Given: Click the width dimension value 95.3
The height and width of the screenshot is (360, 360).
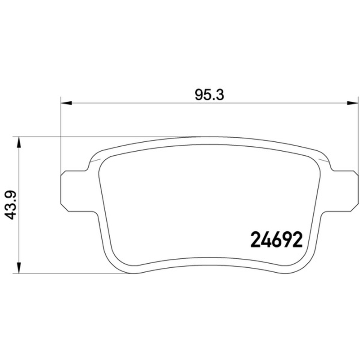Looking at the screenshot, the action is [x=209, y=95].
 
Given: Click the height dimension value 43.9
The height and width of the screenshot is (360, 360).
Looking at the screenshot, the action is [x=10, y=205].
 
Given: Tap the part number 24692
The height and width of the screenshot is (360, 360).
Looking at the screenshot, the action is [x=276, y=239].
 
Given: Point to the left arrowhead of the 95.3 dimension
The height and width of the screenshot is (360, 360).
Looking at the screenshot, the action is [x=66, y=103].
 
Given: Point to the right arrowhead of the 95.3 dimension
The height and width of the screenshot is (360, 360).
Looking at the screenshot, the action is [x=352, y=103].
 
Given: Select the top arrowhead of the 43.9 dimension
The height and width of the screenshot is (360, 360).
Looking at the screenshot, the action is [x=19, y=142].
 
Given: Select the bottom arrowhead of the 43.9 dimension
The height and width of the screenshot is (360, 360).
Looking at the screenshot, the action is [x=19, y=268].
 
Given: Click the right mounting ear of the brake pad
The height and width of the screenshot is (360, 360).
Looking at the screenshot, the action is [x=342, y=191].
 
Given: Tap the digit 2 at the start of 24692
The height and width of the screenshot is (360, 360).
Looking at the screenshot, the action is [x=256, y=239].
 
